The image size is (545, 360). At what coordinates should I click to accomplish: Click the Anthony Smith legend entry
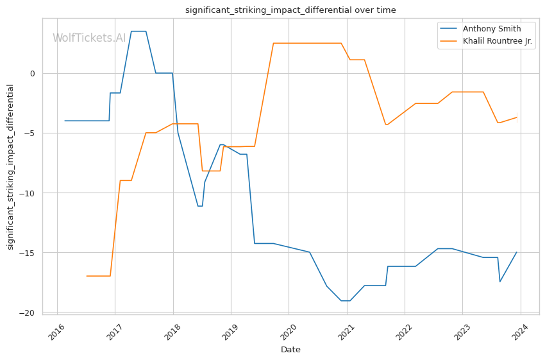point(492,28)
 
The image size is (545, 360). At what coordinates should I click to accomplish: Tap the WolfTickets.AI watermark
point(89,38)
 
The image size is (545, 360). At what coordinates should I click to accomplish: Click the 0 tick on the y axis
point(33,73)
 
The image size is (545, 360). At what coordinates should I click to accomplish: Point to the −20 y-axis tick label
point(29,313)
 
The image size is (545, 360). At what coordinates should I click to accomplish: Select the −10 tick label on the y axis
point(29,193)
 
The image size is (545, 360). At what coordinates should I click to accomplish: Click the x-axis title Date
point(290,350)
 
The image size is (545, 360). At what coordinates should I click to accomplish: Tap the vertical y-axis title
point(10,167)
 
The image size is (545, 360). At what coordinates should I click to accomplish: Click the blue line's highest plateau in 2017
point(138,31)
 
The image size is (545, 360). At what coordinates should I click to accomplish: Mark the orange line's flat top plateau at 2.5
point(307,43)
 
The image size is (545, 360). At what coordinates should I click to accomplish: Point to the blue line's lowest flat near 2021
point(345,301)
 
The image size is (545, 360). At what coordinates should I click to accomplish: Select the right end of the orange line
point(517,117)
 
